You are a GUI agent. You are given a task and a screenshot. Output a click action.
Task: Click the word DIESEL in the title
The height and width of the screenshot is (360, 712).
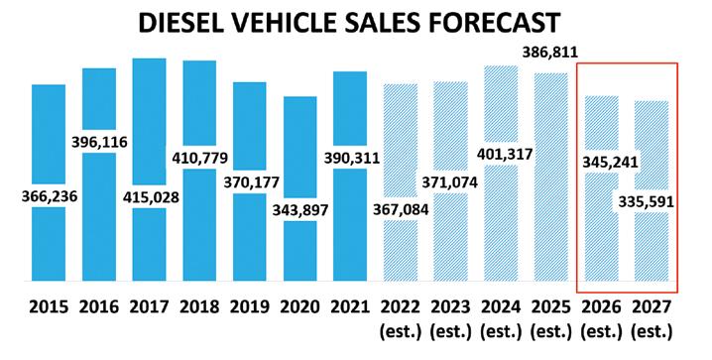pos(180,22)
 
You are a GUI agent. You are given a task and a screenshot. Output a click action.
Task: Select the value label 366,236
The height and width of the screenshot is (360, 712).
pos(50,196)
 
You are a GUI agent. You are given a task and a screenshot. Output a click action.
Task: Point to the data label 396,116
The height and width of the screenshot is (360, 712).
pos(99,142)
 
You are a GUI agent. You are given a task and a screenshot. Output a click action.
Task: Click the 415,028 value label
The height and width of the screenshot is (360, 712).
pos(151,197)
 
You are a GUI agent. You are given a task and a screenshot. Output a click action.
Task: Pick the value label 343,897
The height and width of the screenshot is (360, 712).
pos(299,210)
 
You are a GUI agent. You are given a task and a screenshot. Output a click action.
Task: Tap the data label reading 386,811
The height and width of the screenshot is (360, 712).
pos(550,53)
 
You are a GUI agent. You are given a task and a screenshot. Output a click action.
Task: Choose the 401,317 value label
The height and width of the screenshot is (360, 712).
pos(505,155)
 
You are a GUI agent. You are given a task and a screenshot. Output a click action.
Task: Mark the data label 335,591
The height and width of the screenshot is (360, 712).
pos(646,201)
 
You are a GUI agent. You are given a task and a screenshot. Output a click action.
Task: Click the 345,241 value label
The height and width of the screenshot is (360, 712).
pos(610,162)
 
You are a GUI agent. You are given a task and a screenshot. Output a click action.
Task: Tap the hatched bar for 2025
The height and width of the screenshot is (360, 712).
pos(550,178)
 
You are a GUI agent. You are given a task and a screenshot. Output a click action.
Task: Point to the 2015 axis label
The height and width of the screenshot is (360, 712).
pos(49,307)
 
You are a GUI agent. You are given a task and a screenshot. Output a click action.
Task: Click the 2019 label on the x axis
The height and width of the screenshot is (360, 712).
pos(249,307)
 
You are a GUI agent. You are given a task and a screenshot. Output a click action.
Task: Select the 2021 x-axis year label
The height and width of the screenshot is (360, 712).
pos(350,307)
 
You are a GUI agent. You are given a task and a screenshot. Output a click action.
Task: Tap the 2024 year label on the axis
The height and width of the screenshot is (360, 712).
pos(501,307)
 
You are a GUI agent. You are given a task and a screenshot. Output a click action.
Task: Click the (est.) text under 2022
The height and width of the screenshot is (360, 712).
pos(400,332)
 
